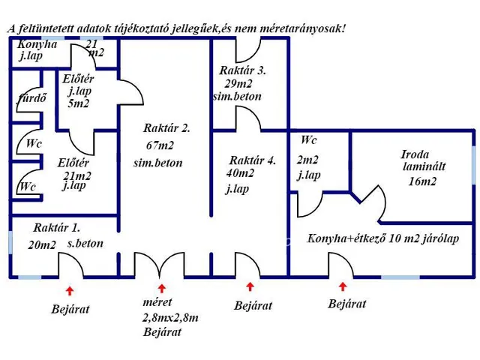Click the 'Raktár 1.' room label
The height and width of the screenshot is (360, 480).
click(x=57, y=228)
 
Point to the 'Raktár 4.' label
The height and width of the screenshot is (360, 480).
click(x=253, y=160)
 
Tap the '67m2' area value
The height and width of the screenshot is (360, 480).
click(x=159, y=145)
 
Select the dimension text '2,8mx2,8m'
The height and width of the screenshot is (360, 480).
click(x=170, y=319)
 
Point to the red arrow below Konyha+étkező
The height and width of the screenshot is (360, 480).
click(x=343, y=286)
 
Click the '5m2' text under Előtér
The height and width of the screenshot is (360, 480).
click(x=78, y=104)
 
